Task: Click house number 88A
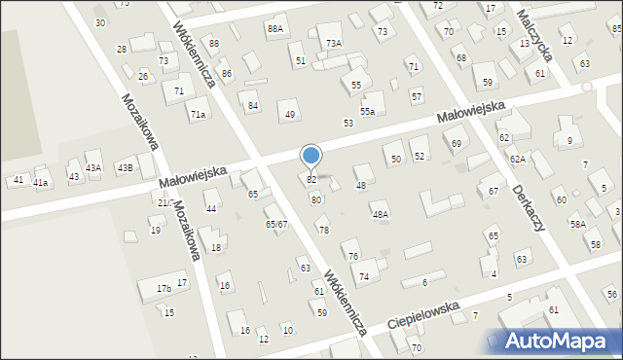tap(275, 29)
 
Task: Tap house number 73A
tap(334, 43)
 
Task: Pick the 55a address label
tap(367, 112)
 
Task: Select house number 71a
tap(199, 115)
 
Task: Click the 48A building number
tap(380, 214)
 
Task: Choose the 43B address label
tap(125, 167)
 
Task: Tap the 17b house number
tap(164, 289)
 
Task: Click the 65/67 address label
tap(276, 224)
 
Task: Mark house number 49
tap(289, 115)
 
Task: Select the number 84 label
tap(253, 105)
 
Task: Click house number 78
tap(323, 230)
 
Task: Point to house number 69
tap(457, 144)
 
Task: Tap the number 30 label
tap(99, 21)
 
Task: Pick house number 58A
tap(578, 224)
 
